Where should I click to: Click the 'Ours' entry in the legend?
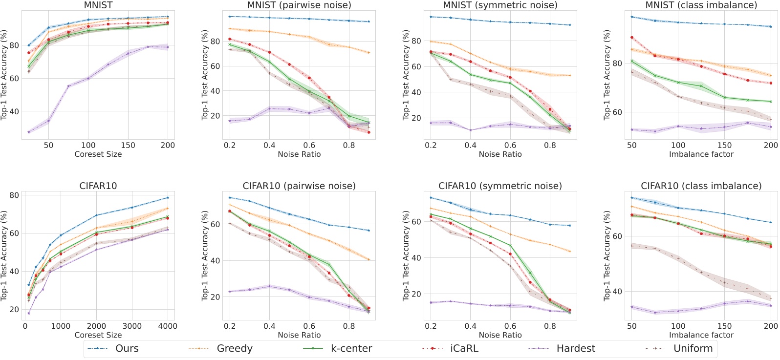pos(127,349)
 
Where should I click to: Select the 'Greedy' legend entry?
pos(235,349)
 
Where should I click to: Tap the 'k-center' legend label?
pos(351,349)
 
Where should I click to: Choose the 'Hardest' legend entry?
pos(575,349)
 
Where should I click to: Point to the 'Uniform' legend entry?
pos(693,349)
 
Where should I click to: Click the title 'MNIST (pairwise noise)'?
pos(299,5)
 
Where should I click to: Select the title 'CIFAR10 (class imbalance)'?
pos(701,186)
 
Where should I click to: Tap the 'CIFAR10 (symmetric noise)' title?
pos(500,186)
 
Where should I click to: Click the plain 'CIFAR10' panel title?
pos(98,186)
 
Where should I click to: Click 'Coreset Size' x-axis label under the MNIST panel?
pos(98,154)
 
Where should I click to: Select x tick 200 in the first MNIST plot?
pos(168,146)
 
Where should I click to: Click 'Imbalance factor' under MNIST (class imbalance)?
pos(701,154)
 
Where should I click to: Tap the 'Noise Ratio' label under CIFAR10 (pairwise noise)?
pos(299,335)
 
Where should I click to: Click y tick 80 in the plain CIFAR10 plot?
pos(14,195)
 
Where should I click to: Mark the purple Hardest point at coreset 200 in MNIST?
pos(168,47)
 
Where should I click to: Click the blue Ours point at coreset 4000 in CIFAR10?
pos(168,198)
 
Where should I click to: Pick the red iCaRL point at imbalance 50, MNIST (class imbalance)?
pos(632,38)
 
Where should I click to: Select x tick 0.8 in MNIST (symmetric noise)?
pos(550,146)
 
